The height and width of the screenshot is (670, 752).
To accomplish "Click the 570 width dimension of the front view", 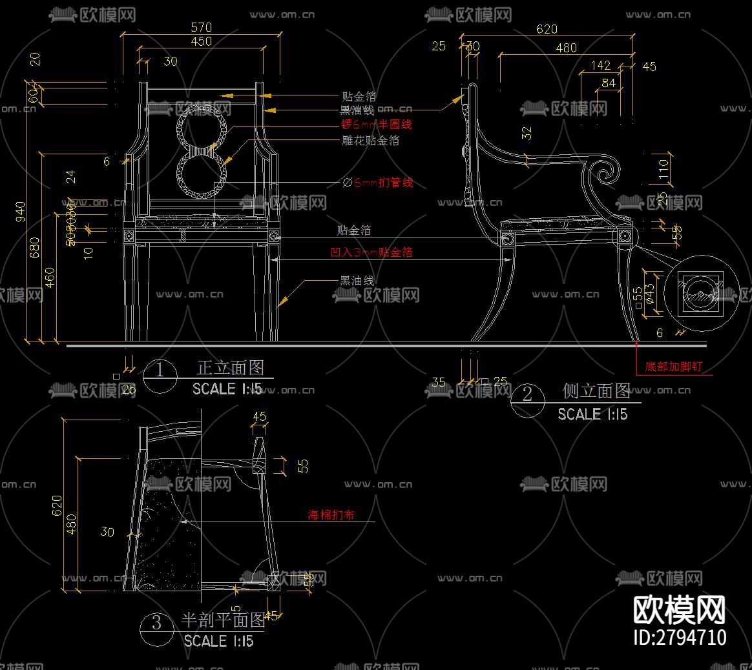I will [x=202, y=27].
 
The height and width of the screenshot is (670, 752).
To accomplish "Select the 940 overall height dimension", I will [x=21, y=210].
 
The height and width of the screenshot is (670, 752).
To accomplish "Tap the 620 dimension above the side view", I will [x=547, y=29].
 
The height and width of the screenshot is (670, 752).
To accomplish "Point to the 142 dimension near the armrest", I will [x=601, y=65].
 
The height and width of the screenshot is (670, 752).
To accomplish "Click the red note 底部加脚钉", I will [x=673, y=367].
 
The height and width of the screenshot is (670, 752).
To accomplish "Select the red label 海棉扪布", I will [x=331, y=515].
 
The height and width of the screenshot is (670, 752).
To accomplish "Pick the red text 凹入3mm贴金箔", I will [x=371, y=252].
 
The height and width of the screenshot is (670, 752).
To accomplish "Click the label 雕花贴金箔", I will [x=370, y=140].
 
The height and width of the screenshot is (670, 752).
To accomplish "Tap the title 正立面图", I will [x=231, y=368].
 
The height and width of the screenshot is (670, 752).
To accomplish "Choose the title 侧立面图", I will [x=596, y=391].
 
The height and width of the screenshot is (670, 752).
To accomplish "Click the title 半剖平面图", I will [x=223, y=620].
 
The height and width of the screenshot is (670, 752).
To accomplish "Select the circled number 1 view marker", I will [x=160, y=372].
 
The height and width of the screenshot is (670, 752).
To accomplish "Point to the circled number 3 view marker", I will [x=156, y=623].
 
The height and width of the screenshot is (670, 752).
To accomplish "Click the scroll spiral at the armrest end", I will [x=607, y=170].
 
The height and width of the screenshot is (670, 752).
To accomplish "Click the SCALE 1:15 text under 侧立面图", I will [x=592, y=414].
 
